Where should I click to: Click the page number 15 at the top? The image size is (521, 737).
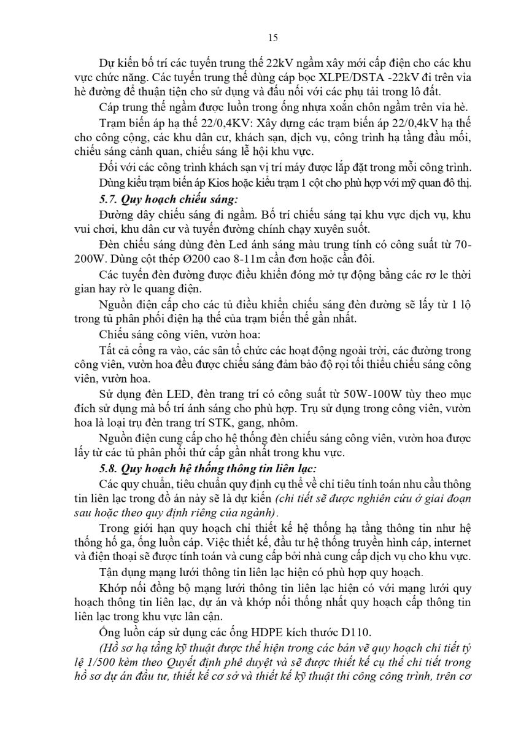pyautogui.click(x=273, y=37)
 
